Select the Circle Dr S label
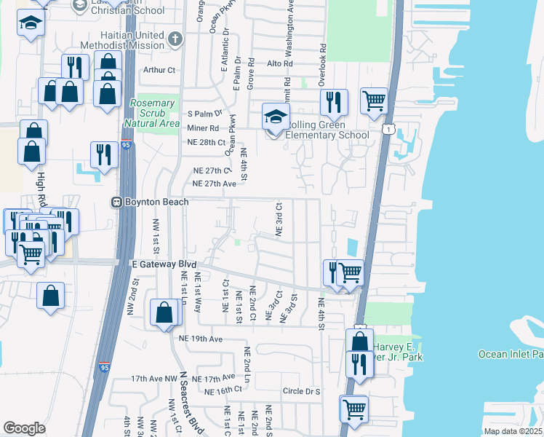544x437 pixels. click(x=302, y=391)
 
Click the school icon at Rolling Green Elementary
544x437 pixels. click(x=276, y=117)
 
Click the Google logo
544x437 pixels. click(x=24, y=428)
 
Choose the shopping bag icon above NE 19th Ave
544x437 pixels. click(x=165, y=312)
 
